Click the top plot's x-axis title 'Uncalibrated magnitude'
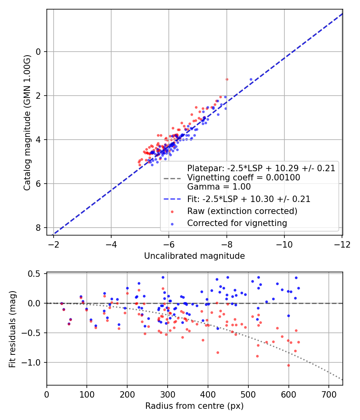tap(194, 256)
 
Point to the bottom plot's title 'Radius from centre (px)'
tap(194, 406)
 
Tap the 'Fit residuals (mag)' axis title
tap(12, 330)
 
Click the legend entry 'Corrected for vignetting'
tap(237, 223)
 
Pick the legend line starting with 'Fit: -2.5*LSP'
tap(249, 198)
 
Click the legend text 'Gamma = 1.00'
tap(219, 186)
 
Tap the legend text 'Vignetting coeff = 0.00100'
tap(244, 178)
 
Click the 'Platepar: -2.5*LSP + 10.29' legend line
tap(261, 168)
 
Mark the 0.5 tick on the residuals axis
tap(36, 274)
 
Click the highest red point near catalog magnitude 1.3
tap(227, 79)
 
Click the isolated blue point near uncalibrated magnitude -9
tap(251, 79)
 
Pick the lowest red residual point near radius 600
tap(288, 365)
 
